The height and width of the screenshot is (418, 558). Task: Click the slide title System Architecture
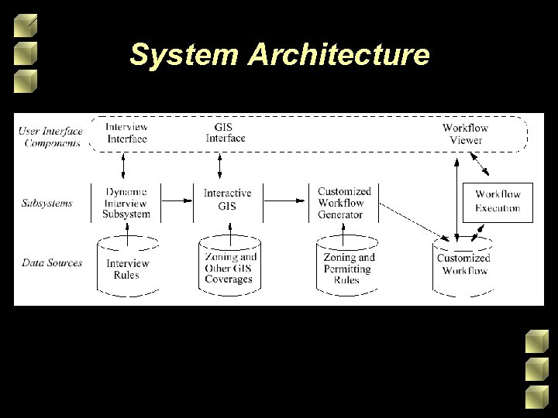pyautogui.click(x=279, y=55)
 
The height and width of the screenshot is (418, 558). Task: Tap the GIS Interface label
pyautogui.click(x=226, y=132)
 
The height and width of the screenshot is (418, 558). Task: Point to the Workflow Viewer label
pyautogui.click(x=465, y=134)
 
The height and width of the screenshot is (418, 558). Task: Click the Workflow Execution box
pyautogui.click(x=498, y=201)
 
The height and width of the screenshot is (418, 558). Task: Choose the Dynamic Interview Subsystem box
pyautogui.click(x=126, y=202)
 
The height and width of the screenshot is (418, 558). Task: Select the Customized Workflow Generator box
pyautogui.click(x=344, y=202)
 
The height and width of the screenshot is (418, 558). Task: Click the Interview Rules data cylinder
pyautogui.click(x=127, y=267)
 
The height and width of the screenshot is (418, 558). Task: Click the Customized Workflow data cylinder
pyautogui.click(x=463, y=265)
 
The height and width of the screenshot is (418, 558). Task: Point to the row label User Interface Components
pyautogui.click(x=50, y=136)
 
